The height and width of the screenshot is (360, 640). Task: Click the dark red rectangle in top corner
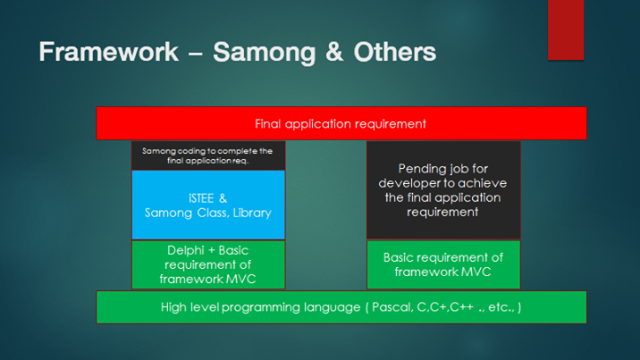point(566,29)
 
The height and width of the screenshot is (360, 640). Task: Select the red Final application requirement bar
point(341,123)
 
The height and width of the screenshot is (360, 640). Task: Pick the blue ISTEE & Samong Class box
point(208,205)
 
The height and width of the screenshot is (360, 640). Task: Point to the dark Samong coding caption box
point(208,155)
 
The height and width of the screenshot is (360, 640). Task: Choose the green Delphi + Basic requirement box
point(208,264)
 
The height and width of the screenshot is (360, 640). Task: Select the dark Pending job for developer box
point(443,189)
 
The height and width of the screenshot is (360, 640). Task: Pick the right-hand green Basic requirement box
point(443,264)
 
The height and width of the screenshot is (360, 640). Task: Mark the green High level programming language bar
point(341,306)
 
